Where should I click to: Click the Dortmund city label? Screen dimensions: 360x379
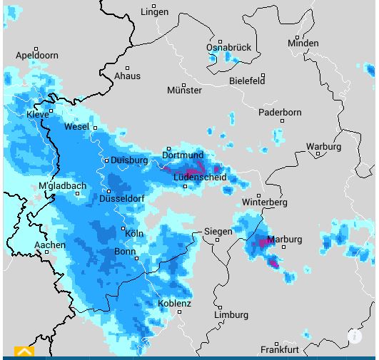183,155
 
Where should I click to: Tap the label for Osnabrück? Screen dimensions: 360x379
228,48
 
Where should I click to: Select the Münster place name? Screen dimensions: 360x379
184,91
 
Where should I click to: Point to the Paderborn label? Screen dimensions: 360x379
280,113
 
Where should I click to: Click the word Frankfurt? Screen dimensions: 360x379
279,350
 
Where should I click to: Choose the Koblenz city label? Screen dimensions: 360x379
174,304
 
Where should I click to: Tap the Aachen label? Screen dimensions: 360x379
50,245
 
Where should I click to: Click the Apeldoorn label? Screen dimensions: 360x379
36,55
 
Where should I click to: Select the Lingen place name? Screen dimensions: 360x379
154,12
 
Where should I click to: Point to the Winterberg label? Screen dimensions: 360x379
264,202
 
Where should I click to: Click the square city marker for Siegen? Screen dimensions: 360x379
218,240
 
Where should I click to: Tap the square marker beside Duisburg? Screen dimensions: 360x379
106,160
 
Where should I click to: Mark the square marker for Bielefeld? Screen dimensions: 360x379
263,75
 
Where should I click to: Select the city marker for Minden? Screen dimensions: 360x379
298,37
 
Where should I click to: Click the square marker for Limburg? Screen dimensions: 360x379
220,307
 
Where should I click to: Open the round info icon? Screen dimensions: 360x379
355,336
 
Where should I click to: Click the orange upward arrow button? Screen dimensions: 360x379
24,351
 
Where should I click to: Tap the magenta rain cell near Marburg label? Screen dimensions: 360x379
264,243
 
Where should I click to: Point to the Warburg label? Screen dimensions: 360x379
323,147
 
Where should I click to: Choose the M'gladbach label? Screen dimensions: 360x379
62,186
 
